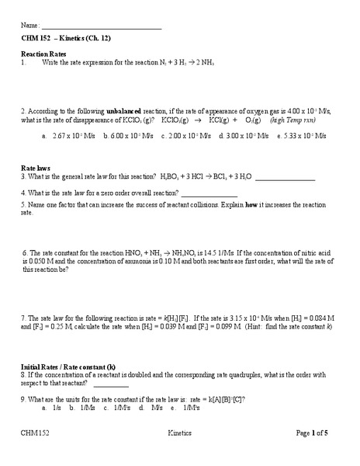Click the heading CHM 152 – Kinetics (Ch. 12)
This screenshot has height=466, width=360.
coord(66,38)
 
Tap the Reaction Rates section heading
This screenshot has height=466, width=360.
coord(43,54)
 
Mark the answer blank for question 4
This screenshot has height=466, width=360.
coord(209,193)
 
